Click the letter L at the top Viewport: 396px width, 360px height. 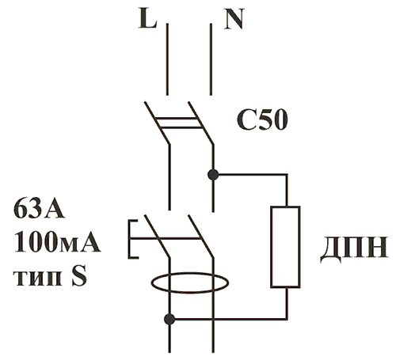pos(147,18)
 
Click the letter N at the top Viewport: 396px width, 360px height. pos(234,19)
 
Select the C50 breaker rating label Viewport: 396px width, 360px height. pos(262,120)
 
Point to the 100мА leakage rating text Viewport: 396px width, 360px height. pos(57,243)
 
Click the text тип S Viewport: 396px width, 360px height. pos(50,277)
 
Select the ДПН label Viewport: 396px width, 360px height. pos(354,248)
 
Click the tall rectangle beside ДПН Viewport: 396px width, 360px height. pos(285,207)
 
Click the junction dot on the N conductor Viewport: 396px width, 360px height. pos(213,174)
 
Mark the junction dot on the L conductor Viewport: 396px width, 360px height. pos(169,319)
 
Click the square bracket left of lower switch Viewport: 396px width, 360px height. pos(129,239)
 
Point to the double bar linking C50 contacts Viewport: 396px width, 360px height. pos(179,123)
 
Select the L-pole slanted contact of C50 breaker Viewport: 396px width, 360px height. pos(157,123)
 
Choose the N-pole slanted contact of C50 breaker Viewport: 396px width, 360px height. pos(200,123)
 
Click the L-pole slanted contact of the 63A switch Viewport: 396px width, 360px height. pos(157,236)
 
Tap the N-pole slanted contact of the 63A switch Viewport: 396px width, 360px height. pos(200,236)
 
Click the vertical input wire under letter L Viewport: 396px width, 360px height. pos(167,59)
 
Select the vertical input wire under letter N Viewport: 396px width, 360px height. pos(211,59)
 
